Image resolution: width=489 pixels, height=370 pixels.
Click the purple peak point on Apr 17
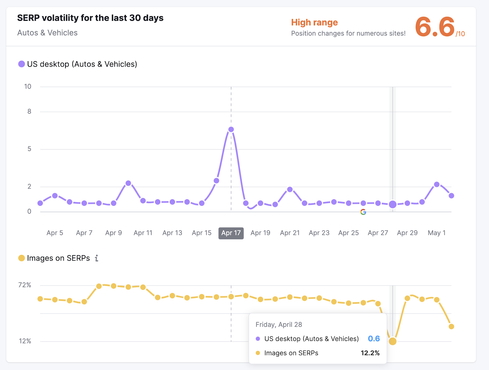(231, 130)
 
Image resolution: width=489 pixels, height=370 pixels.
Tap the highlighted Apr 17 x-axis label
(231, 233)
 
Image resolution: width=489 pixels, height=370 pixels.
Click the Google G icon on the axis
(363, 212)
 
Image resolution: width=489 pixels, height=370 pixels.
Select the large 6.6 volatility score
(435, 27)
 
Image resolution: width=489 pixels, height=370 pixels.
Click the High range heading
(314, 23)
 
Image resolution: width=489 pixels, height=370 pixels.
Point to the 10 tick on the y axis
(28, 87)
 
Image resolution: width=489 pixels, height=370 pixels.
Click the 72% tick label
(25, 285)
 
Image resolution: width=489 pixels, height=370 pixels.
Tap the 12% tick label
(25, 341)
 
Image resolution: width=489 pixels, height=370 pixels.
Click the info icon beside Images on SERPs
(97, 258)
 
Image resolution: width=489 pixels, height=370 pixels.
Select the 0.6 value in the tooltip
(374, 339)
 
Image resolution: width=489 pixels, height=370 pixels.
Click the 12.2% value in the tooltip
(370, 353)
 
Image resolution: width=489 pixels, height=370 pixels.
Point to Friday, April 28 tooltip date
(279, 324)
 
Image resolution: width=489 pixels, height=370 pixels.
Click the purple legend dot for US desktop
(21, 64)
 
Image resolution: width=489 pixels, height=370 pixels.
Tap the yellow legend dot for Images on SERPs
(21, 258)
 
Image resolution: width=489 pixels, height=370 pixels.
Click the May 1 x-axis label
(436, 233)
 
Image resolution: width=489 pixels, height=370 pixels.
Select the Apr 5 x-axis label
(55, 233)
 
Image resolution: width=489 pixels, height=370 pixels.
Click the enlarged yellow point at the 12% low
(393, 341)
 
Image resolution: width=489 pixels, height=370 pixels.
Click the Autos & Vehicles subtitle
(47, 33)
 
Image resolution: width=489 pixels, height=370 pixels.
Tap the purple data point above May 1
(437, 185)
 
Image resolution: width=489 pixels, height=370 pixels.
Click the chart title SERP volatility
(90, 18)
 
